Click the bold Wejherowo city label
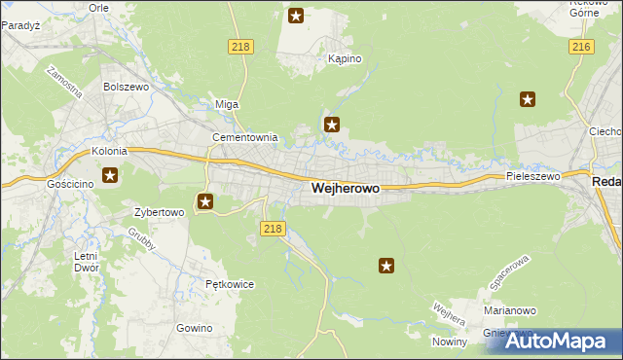[345, 189]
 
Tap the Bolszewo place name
[125, 86]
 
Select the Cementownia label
[245, 137]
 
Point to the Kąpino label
[345, 58]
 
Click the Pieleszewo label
[533, 176]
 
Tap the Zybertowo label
[159, 210]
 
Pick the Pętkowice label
[230, 284]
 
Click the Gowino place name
[195, 328]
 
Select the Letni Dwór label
[85, 263]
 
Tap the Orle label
[98, 7]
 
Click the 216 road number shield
[582, 47]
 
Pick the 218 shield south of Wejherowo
[274, 229]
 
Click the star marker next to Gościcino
[110, 176]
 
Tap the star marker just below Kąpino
[332, 124]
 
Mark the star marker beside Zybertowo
[205, 202]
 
